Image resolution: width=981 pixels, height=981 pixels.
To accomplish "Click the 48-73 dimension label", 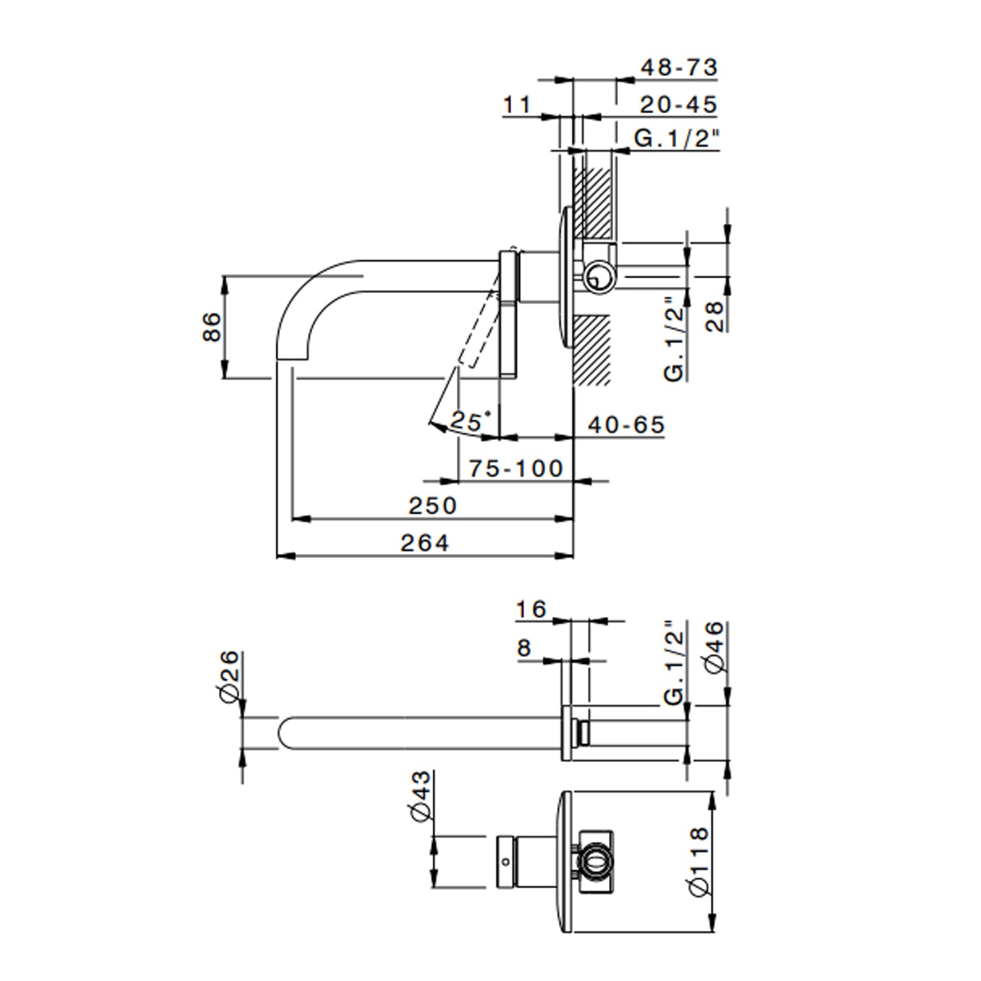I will [x=678, y=67].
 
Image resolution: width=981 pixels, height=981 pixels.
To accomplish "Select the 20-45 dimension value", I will [x=678, y=105].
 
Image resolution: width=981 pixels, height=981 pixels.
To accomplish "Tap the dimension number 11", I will [x=517, y=105].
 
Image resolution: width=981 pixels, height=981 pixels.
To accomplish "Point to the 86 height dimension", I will [x=212, y=326].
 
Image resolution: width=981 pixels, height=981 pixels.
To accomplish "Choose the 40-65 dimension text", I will [x=626, y=425].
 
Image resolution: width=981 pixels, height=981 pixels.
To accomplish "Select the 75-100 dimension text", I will [x=516, y=468].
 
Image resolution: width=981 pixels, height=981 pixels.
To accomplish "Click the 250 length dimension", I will [x=432, y=506].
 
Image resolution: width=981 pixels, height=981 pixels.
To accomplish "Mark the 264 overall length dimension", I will [x=424, y=543].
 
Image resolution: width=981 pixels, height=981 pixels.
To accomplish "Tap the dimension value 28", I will [x=715, y=316].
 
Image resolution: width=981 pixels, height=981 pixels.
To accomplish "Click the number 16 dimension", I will [x=530, y=610].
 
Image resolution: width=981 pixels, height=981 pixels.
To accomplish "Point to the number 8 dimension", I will [x=524, y=648].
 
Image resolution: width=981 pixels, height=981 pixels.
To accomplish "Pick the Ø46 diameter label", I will [x=715, y=647].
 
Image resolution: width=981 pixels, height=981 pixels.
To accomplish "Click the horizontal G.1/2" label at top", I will [x=676, y=139].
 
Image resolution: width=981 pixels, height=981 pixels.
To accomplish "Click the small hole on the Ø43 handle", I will [x=504, y=861].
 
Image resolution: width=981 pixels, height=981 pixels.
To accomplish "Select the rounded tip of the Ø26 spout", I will [x=285, y=733].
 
